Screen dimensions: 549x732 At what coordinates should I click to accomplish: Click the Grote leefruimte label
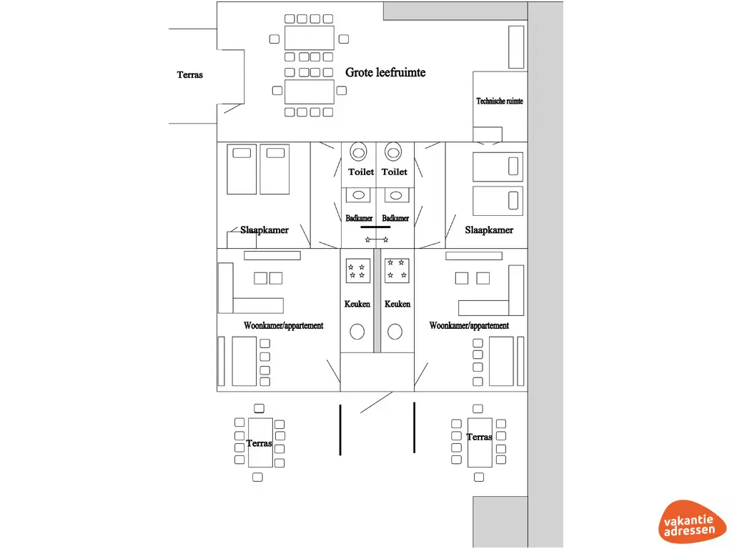[x=385, y=72]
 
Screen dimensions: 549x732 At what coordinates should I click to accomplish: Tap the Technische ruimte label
[x=500, y=101]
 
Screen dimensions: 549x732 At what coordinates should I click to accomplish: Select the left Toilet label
[x=361, y=172]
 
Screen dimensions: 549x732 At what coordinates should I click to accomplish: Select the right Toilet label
[x=395, y=172]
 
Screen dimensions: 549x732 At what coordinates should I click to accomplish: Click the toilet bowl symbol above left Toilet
[x=358, y=152]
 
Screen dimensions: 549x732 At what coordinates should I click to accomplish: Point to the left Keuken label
[x=357, y=304]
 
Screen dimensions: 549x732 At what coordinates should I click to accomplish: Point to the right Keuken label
[x=397, y=304]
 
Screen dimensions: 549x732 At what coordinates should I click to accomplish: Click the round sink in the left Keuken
[x=357, y=331]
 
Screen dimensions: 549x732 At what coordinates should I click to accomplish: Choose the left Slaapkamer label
[x=264, y=229]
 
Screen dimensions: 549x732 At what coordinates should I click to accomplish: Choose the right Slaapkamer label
[x=489, y=229]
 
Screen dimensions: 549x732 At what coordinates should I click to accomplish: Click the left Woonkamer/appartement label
[x=283, y=325]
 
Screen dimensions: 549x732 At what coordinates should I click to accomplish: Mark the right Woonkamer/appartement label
[x=469, y=325]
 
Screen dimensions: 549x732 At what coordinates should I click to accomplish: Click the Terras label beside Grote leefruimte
[x=190, y=74]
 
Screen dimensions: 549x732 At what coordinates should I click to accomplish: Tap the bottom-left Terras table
[x=260, y=443]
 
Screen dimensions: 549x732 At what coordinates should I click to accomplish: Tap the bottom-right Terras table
[x=479, y=442]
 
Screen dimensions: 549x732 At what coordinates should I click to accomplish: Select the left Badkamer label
[x=359, y=218]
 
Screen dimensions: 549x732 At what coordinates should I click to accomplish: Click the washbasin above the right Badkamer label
[x=393, y=194]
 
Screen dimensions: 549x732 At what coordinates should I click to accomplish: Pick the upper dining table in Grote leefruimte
[x=309, y=38]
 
